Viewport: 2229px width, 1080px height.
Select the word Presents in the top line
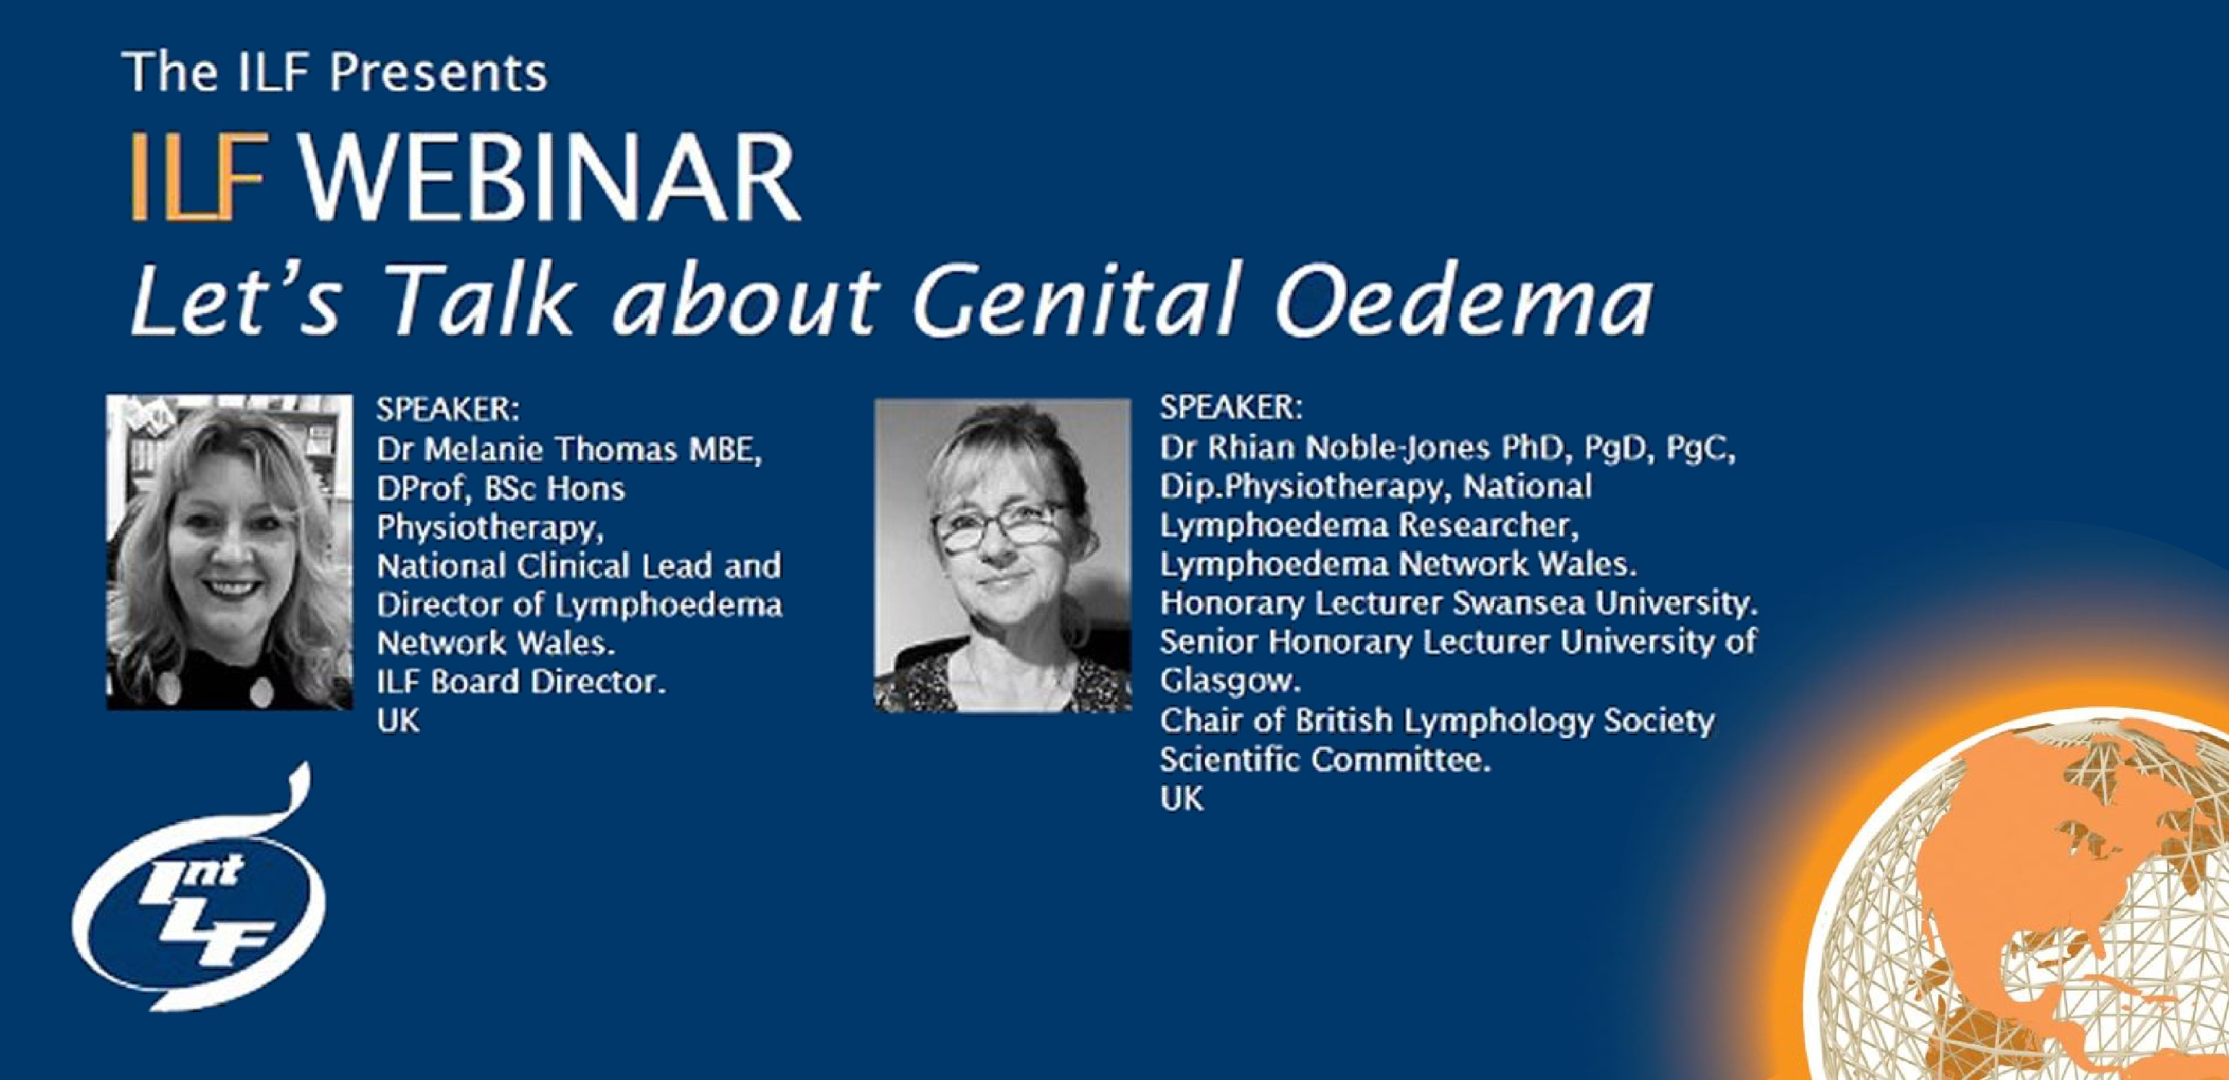tap(438, 71)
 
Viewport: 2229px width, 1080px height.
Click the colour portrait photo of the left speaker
tap(229, 552)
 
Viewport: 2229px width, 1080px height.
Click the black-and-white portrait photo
tap(1002, 556)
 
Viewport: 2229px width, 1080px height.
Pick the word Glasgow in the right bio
tap(1229, 682)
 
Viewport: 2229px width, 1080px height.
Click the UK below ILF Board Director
tap(398, 721)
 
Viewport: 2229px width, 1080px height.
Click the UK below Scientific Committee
tap(1181, 798)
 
